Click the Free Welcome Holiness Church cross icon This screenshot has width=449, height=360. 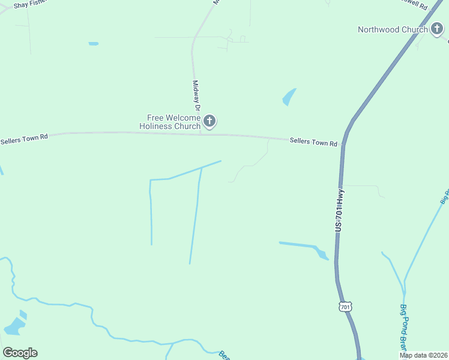pos(209,122)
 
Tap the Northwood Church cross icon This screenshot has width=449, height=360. pos(436,29)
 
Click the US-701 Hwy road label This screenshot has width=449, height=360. pos(339,211)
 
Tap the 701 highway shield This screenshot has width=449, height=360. pos(345,307)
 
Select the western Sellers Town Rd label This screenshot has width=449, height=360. pos(24,139)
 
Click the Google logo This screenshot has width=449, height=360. pos(20,353)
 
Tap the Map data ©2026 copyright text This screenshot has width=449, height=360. pos(423,355)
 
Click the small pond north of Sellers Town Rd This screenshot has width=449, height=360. pos(289,97)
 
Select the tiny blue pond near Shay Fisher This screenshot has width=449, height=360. pos(93,44)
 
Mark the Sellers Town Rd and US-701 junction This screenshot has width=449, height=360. pos(344,144)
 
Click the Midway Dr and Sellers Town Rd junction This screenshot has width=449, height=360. pos(200,134)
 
